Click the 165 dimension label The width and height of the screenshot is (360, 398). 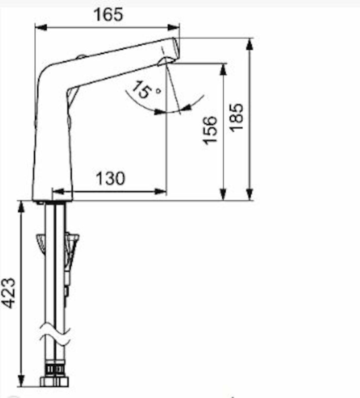pyautogui.click(x=108, y=14)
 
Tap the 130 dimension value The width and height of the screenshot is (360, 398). pyautogui.click(x=110, y=178)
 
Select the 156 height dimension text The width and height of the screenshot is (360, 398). pyautogui.click(x=210, y=130)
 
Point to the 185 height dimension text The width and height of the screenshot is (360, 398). pyautogui.click(x=237, y=117)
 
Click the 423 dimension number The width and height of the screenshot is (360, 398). pyautogui.click(x=8, y=293)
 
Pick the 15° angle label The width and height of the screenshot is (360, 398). pyautogui.click(x=146, y=90)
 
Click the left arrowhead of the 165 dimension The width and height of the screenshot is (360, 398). pyautogui.click(x=41, y=27)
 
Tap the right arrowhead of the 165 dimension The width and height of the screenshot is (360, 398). pyautogui.click(x=174, y=27)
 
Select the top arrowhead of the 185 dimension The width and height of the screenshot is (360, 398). pyautogui.click(x=250, y=44)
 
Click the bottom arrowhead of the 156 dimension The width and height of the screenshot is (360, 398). pyautogui.click(x=223, y=194)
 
